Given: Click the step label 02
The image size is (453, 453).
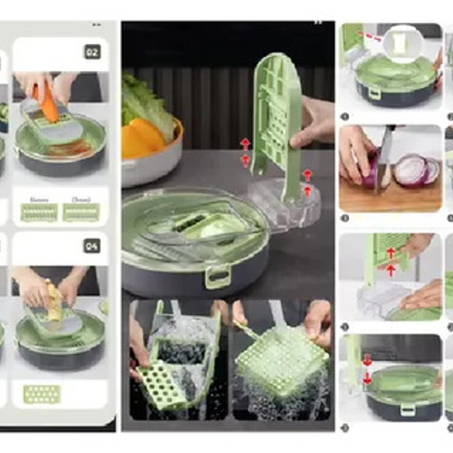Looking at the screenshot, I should (92, 52).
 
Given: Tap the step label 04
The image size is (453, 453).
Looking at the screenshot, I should (92, 246).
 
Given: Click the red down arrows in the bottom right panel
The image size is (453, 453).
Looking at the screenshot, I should (367, 370).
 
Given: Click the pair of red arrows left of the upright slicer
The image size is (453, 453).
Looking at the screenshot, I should (245, 152).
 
